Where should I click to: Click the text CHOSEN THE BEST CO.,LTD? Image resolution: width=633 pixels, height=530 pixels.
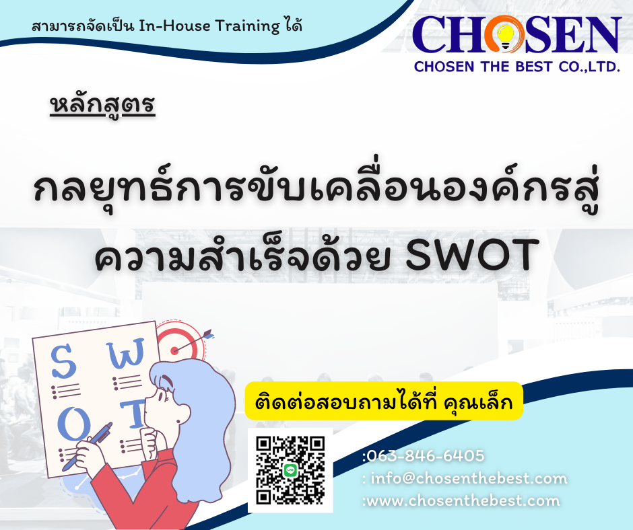pyautogui.click(x=517, y=67)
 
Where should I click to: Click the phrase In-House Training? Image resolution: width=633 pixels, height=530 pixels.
pyautogui.click(x=209, y=26)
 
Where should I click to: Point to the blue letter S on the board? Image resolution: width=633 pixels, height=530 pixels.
pyautogui.click(x=63, y=361)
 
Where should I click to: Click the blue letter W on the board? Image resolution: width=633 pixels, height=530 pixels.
pyautogui.click(x=127, y=353)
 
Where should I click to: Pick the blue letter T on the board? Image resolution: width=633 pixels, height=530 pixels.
pyautogui.click(x=133, y=414)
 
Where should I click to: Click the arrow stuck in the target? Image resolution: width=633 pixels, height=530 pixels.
pyautogui.click(x=193, y=341)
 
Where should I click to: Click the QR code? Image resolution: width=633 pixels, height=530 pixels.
pyautogui.click(x=290, y=470)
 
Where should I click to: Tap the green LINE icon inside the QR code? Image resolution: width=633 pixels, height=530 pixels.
pyautogui.click(x=290, y=470)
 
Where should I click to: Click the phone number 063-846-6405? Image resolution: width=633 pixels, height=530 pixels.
pyautogui.click(x=426, y=456)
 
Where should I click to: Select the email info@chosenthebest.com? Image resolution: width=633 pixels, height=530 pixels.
pyautogui.click(x=469, y=478)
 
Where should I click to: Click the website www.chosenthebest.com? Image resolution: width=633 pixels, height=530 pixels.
pyautogui.click(x=463, y=500)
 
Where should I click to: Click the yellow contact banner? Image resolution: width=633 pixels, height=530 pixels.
pyautogui.click(x=384, y=401)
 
